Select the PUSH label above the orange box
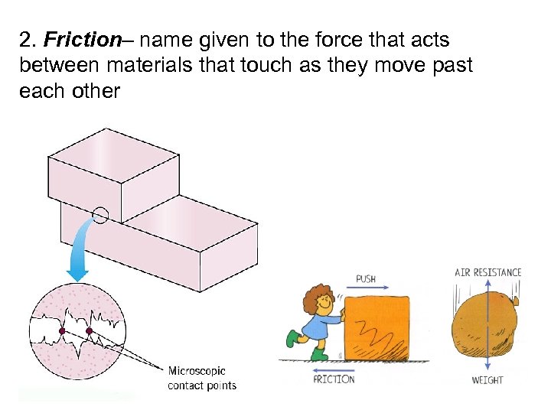tap(366, 278)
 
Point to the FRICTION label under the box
tap(334, 379)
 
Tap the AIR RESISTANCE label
tap(487, 272)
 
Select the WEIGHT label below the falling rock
tap(487, 380)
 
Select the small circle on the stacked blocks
tap(101, 216)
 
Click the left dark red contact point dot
tap(62, 331)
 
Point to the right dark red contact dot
tap(89, 331)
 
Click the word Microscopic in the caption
tap(197, 371)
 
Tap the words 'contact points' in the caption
tap(202, 385)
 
